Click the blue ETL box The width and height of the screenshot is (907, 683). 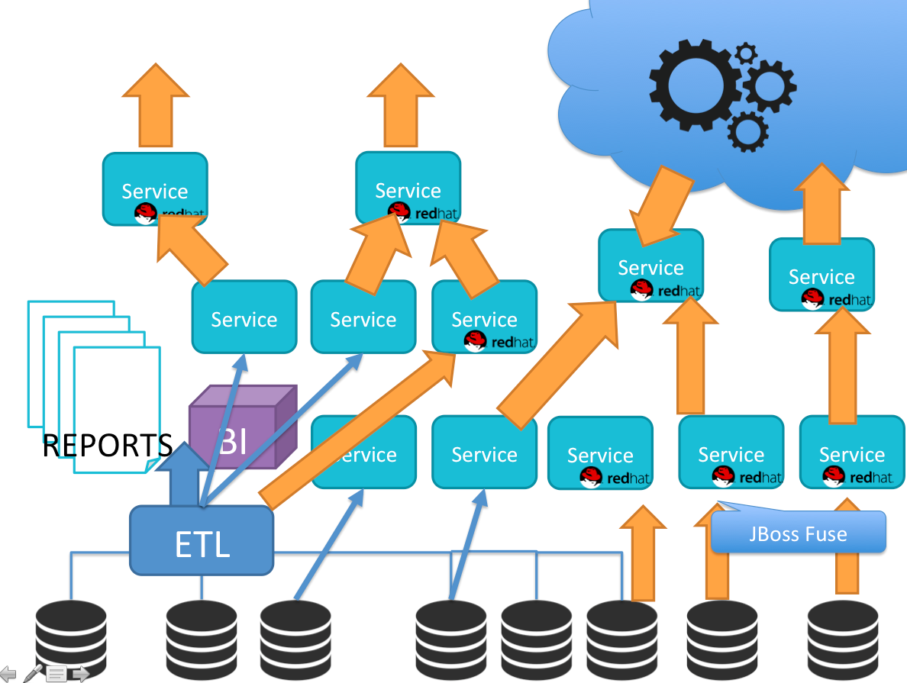(x=202, y=540)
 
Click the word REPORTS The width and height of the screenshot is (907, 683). (x=107, y=446)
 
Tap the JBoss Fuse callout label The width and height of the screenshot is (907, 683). (x=799, y=533)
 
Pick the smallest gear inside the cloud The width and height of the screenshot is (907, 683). (x=745, y=53)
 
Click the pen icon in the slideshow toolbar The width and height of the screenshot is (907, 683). (x=33, y=672)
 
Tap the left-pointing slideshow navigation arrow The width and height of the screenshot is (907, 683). (x=8, y=673)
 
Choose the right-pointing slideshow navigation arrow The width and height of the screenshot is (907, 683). (x=80, y=673)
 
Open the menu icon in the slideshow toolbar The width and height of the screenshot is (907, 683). (x=56, y=673)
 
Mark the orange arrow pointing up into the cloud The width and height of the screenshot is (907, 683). (x=821, y=200)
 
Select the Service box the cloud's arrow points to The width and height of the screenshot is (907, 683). (x=650, y=265)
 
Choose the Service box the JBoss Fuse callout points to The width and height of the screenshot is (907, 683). (x=731, y=452)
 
